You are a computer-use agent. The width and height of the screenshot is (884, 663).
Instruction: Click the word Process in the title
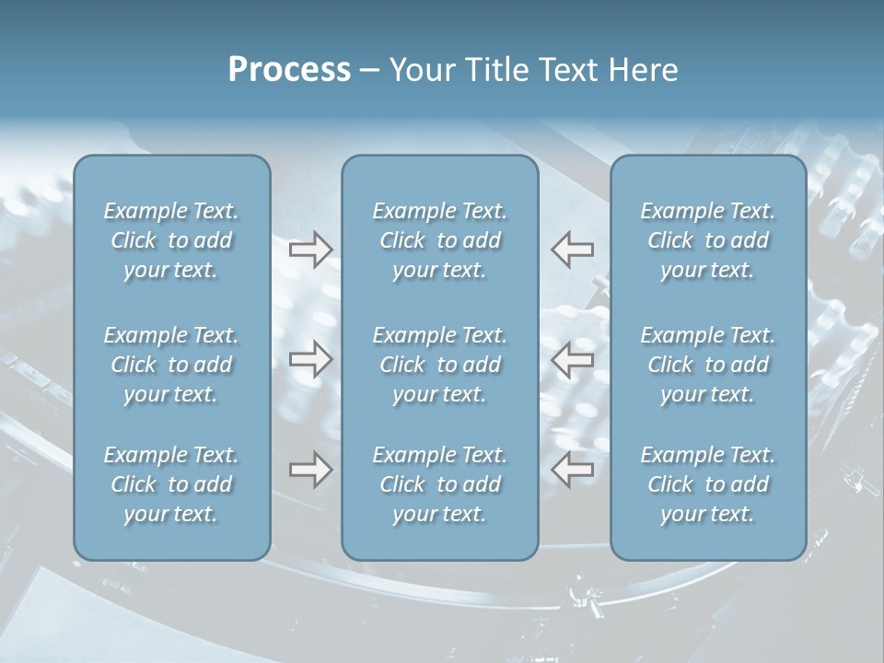point(289,70)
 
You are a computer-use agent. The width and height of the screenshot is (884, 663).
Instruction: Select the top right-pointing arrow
point(310,250)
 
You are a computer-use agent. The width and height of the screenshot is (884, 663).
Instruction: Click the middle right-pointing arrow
point(310,359)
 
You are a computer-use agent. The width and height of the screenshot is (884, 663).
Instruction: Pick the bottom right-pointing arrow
point(310,470)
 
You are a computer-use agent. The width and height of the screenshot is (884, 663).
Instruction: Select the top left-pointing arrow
point(572,250)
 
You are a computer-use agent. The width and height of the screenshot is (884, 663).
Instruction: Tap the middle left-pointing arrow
point(572,359)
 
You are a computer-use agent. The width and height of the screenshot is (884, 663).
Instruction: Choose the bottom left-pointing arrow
point(572,470)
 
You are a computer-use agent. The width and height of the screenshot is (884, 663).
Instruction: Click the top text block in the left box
point(171,240)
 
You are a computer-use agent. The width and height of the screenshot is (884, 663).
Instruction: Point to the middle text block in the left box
point(171,365)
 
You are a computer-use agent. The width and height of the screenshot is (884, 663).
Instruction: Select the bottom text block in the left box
point(171,484)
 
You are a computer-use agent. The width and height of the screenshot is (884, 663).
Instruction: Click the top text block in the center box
point(440,240)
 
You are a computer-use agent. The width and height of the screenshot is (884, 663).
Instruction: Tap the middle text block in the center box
point(440,365)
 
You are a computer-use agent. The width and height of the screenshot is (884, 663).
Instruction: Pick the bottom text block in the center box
point(440,484)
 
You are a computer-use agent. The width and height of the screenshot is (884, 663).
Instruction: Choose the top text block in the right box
point(708,240)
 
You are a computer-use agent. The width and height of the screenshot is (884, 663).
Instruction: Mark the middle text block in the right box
point(708,365)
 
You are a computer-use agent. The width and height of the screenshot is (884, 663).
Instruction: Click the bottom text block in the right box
point(708,484)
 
